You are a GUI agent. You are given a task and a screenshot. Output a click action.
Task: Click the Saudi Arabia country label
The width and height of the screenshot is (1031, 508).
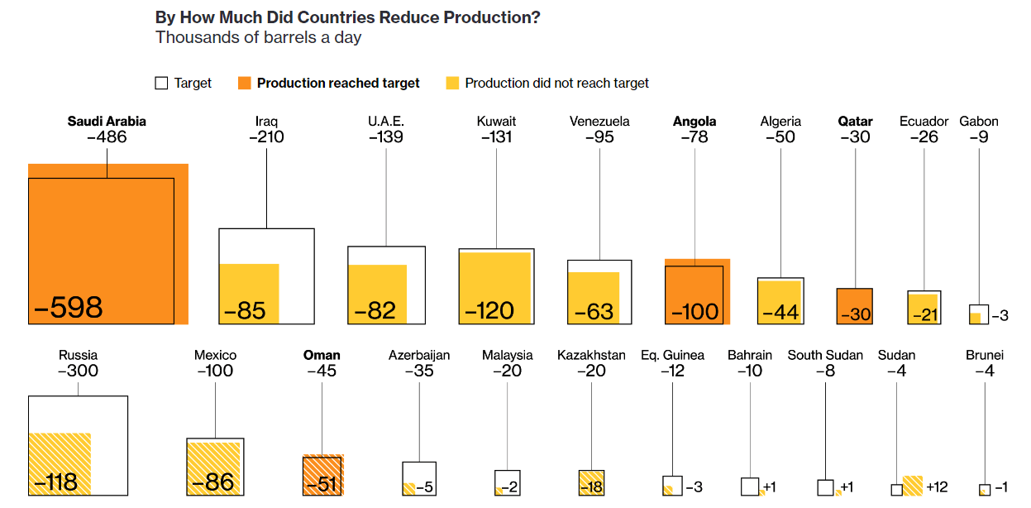point(107,122)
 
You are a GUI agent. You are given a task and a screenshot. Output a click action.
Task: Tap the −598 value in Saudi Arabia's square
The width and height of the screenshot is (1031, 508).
point(69,308)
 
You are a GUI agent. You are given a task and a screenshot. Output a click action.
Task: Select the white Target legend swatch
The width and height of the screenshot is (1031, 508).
point(162,83)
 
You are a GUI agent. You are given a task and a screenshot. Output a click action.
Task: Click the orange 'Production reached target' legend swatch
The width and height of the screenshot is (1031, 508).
point(245,83)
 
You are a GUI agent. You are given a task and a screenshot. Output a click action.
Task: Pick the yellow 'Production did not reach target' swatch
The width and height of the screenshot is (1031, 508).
point(452,83)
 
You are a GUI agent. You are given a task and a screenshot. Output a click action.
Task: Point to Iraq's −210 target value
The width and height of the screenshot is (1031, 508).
point(266,137)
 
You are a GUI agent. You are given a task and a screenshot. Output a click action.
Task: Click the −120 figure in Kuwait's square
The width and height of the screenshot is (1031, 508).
point(489,311)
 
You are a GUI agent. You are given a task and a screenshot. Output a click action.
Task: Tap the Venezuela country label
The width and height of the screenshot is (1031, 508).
point(599,122)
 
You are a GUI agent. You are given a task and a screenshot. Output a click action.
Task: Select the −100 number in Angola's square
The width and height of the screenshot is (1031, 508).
point(694,312)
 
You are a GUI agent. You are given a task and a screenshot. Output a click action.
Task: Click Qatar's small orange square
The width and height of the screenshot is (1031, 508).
point(855,305)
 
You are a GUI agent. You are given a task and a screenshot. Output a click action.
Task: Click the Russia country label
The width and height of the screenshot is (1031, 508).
point(78,356)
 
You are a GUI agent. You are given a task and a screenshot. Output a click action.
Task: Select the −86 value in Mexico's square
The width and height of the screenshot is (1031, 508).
point(213,482)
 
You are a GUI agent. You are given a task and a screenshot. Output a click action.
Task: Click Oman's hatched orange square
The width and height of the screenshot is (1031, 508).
point(322,475)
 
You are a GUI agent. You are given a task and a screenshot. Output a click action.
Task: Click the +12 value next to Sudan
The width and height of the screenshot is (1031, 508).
point(937,486)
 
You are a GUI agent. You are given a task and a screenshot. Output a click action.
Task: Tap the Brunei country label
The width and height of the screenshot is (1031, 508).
point(984,356)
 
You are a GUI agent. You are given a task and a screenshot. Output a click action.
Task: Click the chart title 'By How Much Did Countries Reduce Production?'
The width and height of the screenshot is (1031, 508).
point(347,17)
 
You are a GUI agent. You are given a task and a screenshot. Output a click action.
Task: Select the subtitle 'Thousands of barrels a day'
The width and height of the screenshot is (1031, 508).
point(258,38)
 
